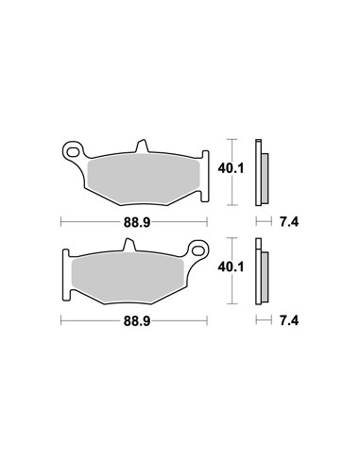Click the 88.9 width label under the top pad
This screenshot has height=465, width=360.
[137, 223]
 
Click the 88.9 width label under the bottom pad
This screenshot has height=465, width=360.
[137, 321]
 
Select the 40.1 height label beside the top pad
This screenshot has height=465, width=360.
[231, 169]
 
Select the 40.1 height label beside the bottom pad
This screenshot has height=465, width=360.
[231, 267]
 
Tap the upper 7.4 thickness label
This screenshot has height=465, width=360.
[289, 222]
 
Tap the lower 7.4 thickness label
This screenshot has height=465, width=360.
[289, 321]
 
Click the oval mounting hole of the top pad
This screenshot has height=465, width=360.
[73, 152]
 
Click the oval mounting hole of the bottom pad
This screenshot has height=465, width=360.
[197, 250]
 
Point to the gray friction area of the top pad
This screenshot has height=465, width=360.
[144, 179]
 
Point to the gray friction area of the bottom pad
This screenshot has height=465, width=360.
[128, 277]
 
